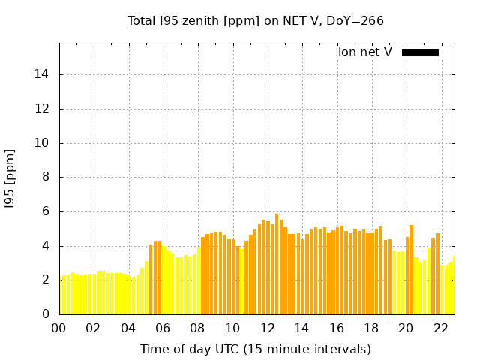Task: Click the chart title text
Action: pyautogui.click(x=256, y=20)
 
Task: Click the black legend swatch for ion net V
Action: pyautogui.click(x=420, y=52)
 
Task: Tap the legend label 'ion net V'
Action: pyautogui.click(x=365, y=52)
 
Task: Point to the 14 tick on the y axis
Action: pyautogui.click(x=44, y=74)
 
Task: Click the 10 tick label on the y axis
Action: pyautogui.click(x=44, y=143)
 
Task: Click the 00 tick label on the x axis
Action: pyautogui.click(x=58, y=328)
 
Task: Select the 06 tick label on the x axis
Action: pyautogui.click(x=163, y=328)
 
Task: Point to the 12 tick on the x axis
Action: pyautogui.click(x=267, y=328)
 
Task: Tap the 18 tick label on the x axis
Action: pyautogui.click(x=371, y=328)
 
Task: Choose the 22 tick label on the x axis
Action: pyautogui.click(x=441, y=328)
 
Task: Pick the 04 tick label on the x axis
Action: pyautogui.click(x=128, y=328)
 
